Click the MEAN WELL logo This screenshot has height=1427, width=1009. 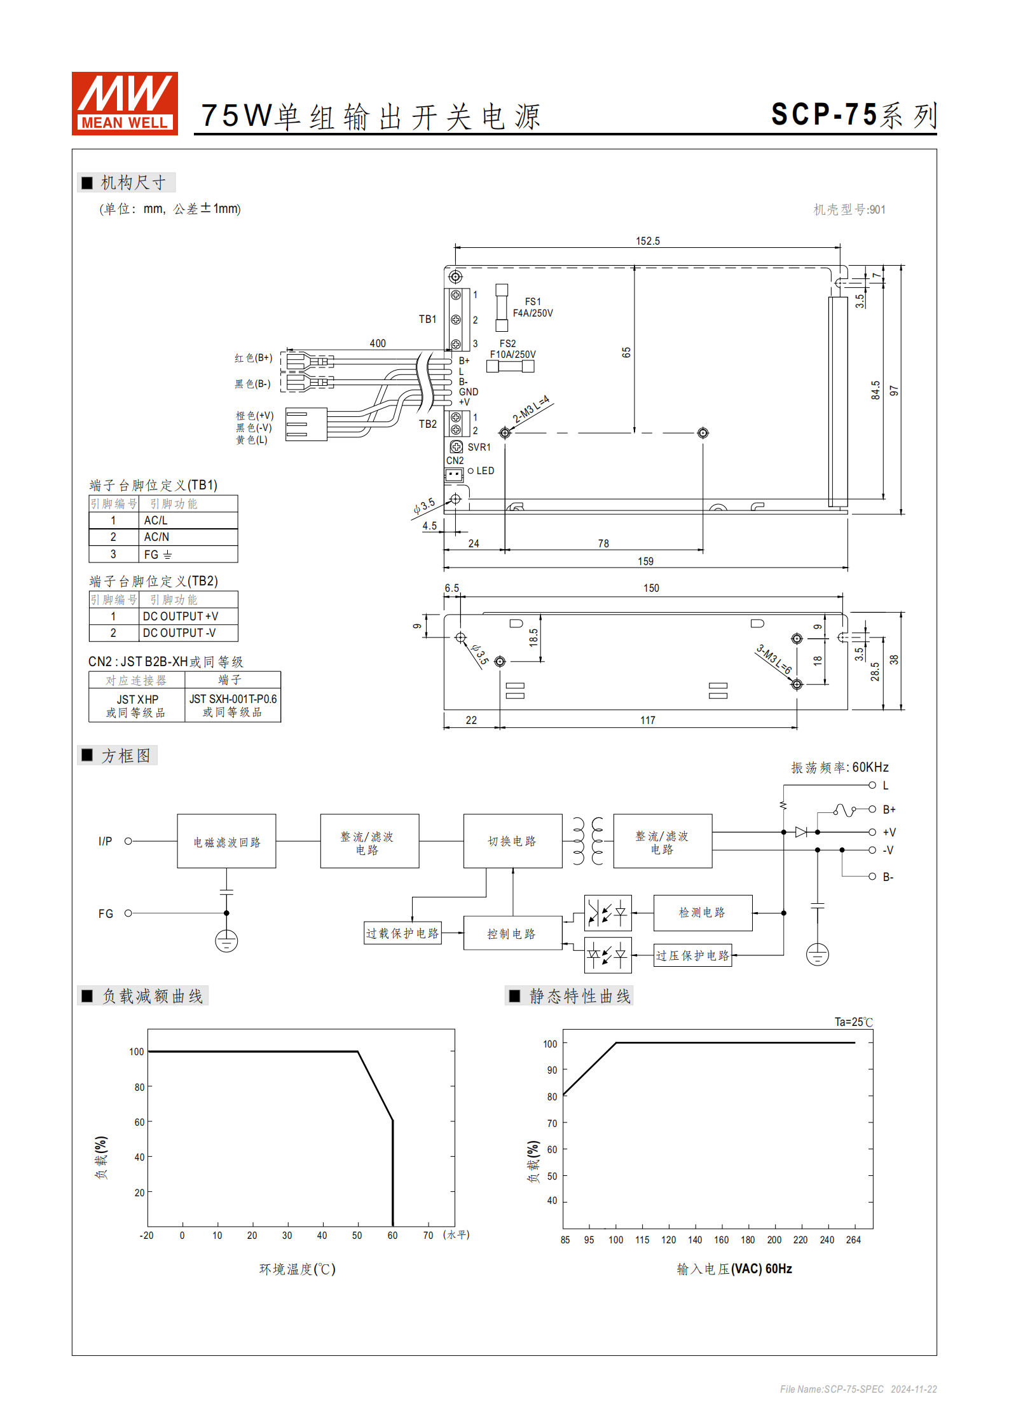point(125,103)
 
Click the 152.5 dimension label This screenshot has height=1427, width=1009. point(648,241)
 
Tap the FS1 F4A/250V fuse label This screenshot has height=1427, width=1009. point(533,308)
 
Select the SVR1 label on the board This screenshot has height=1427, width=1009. point(479,447)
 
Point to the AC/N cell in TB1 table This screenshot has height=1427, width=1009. point(188,537)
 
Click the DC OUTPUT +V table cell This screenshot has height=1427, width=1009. point(188,616)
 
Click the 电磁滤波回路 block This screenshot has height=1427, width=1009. point(226,841)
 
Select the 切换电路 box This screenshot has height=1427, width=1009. point(512,841)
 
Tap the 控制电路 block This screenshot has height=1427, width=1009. point(512,933)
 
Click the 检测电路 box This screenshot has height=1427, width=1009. point(702,913)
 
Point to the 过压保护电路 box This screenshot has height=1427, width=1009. point(693,955)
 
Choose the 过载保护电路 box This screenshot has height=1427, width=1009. point(402,933)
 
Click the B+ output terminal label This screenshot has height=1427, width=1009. point(889,809)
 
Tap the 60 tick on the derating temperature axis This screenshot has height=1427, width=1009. point(392,1235)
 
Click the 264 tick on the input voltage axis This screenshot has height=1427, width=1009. point(853,1239)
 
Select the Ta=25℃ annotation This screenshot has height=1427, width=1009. point(853,1021)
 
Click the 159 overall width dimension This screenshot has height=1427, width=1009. point(645,561)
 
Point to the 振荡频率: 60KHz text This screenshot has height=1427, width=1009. point(839,767)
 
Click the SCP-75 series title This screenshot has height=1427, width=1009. point(853,115)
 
